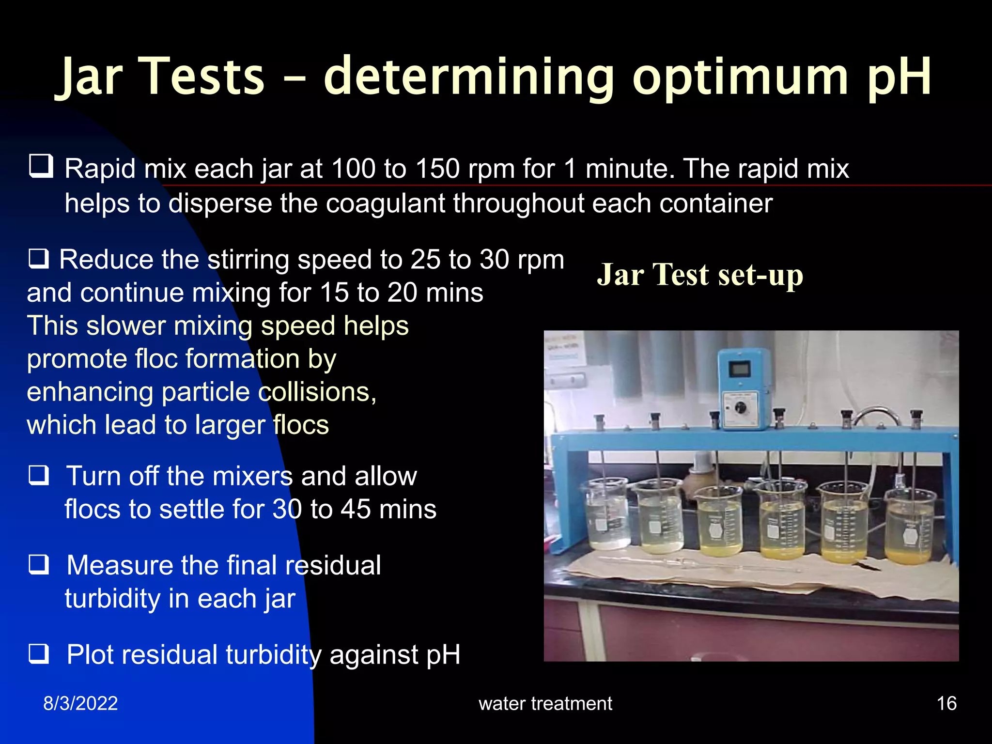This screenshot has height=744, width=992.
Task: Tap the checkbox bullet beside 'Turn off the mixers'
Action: click(39, 475)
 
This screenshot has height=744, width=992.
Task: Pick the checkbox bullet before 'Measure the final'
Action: click(39, 564)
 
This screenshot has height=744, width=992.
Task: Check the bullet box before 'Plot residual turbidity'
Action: click(39, 653)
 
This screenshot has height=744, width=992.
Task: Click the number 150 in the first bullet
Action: click(437, 169)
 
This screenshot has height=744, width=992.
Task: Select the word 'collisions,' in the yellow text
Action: click(317, 392)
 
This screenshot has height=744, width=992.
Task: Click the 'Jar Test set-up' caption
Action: click(700, 275)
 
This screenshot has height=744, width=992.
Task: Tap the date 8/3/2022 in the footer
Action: click(80, 703)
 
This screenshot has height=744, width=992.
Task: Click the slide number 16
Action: click(946, 703)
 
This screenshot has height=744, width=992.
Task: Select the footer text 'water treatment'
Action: click(545, 703)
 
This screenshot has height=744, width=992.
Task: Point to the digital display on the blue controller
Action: click(740, 371)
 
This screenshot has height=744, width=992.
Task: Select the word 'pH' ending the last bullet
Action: click(443, 655)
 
